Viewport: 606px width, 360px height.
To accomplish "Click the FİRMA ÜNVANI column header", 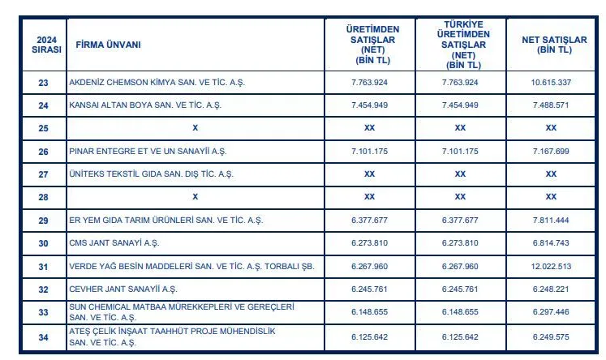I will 108,45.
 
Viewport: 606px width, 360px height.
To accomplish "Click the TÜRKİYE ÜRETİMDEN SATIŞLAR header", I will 460,45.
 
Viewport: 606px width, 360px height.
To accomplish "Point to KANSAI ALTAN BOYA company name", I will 144,105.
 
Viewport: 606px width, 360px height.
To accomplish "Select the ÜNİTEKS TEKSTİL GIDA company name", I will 151,174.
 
